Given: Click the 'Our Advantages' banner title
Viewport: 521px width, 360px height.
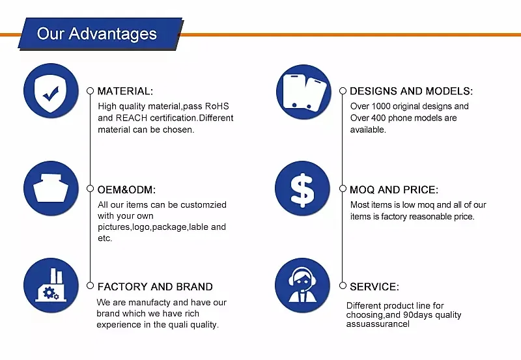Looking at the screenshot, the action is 96,34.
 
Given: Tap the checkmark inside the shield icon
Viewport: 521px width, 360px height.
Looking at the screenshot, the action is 51,94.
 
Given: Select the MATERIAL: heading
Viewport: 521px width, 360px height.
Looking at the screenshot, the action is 125,91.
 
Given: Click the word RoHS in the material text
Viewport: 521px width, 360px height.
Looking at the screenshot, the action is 217,106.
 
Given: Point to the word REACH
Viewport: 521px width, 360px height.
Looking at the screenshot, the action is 132,118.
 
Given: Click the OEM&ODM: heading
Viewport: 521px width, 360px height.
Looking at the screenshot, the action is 126,189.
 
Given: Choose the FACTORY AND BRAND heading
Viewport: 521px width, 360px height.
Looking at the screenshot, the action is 155,286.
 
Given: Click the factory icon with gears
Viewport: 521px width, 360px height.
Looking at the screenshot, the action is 51,285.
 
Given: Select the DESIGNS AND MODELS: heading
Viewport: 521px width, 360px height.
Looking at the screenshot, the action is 411,91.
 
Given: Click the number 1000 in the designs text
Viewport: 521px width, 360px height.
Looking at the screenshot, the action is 380,106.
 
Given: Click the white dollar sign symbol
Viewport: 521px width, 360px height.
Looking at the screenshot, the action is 302,190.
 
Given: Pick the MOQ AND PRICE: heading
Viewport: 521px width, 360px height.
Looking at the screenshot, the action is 394,189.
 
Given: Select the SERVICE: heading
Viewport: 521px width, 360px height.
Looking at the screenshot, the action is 374,286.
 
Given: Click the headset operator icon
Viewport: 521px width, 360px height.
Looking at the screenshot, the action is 302,285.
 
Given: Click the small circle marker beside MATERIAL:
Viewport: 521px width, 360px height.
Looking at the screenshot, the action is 90,90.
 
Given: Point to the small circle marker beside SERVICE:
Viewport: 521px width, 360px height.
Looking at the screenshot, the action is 343,285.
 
